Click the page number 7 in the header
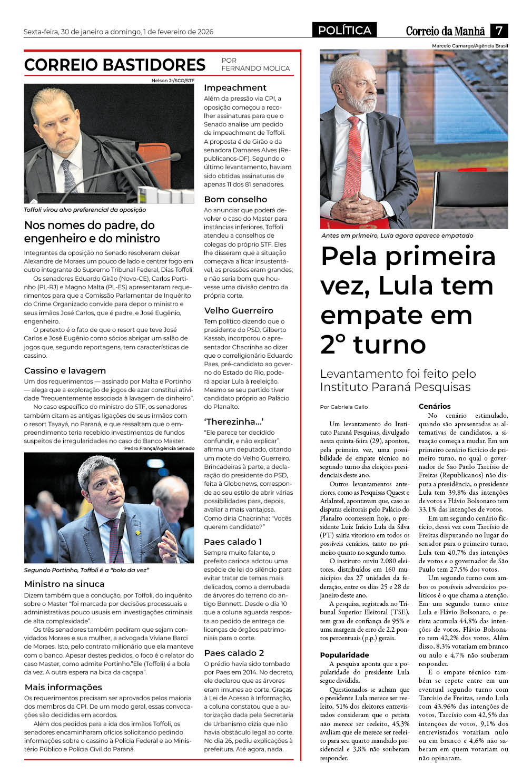[499, 31]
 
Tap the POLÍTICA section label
[344, 31]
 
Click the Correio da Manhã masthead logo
[445, 31]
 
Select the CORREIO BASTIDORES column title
[115, 65]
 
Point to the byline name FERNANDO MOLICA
[255, 68]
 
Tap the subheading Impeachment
[235, 88]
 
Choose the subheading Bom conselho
[235, 200]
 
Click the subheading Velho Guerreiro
[239, 311]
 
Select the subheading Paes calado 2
[234, 653]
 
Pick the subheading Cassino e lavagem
[65, 371]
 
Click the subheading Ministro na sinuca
[64, 584]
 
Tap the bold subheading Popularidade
[344, 655]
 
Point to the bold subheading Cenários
[435, 406]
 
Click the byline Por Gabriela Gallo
[344, 407]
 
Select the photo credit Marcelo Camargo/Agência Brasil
[470, 46]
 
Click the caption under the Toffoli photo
[85, 210]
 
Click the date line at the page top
[119, 32]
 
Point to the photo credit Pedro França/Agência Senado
[159, 448]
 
